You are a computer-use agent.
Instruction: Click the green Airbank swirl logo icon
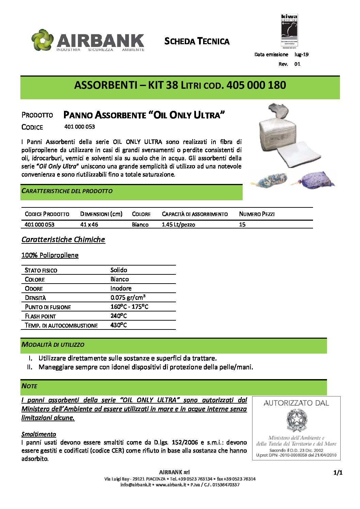(x=43, y=40)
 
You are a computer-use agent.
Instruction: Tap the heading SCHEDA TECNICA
(x=197, y=41)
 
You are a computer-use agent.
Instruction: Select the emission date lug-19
(x=301, y=54)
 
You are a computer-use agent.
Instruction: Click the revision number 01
(x=297, y=64)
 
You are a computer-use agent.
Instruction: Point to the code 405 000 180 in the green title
(x=256, y=85)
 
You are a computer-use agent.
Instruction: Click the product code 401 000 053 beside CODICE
(x=80, y=127)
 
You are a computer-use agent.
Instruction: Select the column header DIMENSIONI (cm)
(x=101, y=214)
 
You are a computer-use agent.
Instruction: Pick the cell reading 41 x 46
(x=89, y=225)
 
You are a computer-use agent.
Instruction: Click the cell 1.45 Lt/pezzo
(x=178, y=225)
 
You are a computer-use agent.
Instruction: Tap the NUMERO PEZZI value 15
(x=242, y=225)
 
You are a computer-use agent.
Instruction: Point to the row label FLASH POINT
(x=40, y=316)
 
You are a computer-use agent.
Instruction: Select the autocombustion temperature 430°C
(x=118, y=325)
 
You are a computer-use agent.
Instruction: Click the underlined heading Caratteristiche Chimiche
(x=63, y=239)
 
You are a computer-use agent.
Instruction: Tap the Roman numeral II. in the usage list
(x=30, y=367)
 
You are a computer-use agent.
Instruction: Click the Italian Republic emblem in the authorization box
(x=296, y=420)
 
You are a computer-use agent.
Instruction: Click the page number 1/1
(x=338, y=473)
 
